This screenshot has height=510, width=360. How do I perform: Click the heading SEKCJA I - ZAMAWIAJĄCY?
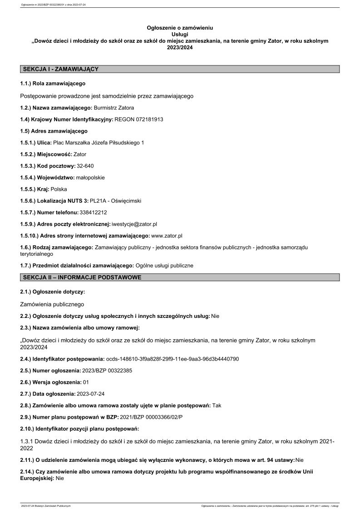60,69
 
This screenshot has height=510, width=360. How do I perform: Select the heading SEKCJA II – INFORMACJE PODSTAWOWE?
82,277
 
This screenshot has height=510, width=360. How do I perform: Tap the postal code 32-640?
85,166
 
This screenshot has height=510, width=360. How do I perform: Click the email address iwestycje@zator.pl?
134,224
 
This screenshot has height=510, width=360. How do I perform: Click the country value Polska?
59,189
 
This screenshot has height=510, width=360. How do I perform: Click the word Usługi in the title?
180,34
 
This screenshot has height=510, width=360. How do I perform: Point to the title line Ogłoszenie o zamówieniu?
180,28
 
